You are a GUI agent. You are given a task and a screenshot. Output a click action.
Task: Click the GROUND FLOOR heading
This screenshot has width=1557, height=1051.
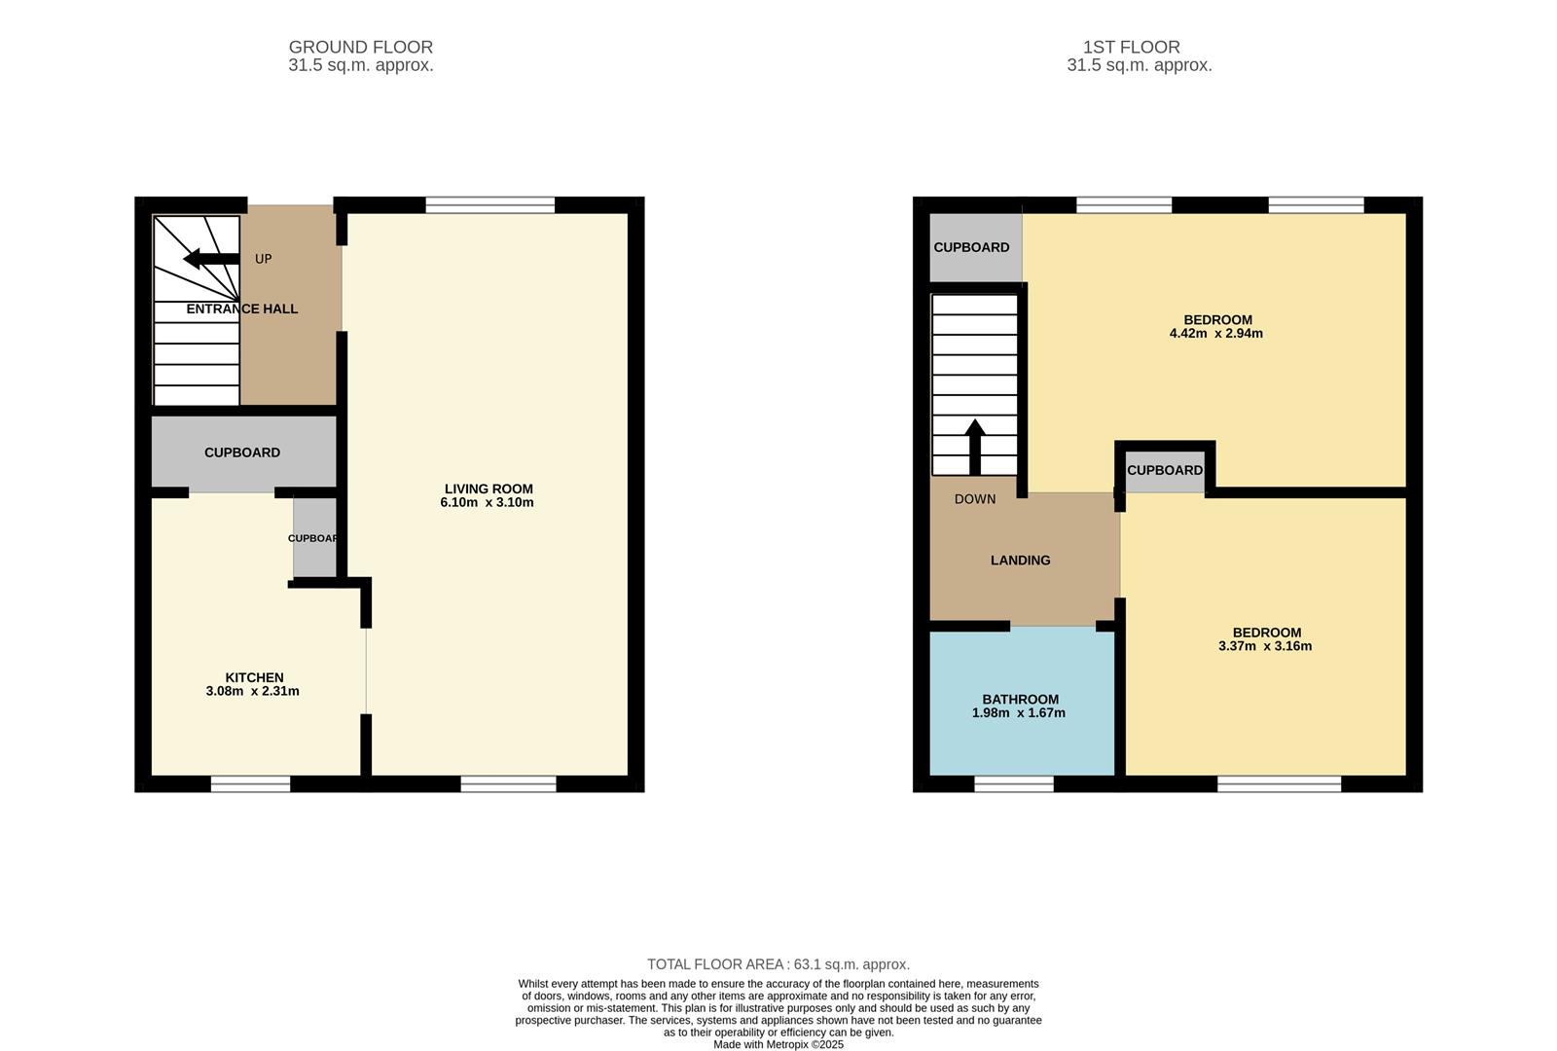(361, 48)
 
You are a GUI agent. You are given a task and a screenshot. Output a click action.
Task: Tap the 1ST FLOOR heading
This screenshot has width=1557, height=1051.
(1131, 48)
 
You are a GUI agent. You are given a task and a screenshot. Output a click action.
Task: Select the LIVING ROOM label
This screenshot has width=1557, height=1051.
(489, 489)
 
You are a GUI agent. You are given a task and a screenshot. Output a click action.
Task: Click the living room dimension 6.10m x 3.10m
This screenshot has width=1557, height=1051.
(487, 502)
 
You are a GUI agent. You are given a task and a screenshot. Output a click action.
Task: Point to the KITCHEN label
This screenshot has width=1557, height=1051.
(254, 677)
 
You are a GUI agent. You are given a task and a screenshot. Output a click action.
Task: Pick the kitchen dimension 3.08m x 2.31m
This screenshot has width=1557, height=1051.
(252, 692)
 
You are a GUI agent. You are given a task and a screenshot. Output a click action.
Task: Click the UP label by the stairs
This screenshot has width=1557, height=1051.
(263, 259)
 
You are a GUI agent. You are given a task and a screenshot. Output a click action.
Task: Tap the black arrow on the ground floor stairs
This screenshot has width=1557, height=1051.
(211, 259)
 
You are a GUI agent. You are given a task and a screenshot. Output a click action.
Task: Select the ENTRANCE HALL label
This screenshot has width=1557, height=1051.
(242, 308)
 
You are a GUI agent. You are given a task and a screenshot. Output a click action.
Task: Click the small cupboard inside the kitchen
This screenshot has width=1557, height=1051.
(314, 536)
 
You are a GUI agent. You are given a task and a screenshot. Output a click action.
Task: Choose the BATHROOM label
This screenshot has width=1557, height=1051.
(1021, 700)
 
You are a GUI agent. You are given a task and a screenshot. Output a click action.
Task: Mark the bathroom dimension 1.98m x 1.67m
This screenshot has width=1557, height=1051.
(1018, 713)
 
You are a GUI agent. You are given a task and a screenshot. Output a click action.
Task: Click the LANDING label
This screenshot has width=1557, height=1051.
(1021, 561)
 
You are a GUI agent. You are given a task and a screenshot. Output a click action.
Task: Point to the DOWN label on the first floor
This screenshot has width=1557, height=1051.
(974, 499)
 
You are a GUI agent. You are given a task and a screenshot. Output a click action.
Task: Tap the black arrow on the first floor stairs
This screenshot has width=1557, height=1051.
(975, 447)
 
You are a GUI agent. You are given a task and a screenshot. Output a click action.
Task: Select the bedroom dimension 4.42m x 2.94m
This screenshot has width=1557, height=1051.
(1215, 334)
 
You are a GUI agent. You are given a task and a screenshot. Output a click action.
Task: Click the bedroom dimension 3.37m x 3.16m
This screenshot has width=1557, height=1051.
(1265, 646)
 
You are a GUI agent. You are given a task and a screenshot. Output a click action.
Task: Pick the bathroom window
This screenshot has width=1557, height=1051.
(1014, 784)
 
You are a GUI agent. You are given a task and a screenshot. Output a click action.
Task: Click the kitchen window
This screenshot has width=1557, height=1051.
(250, 784)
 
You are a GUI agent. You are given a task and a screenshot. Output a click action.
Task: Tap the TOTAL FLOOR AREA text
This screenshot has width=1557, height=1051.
(778, 964)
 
